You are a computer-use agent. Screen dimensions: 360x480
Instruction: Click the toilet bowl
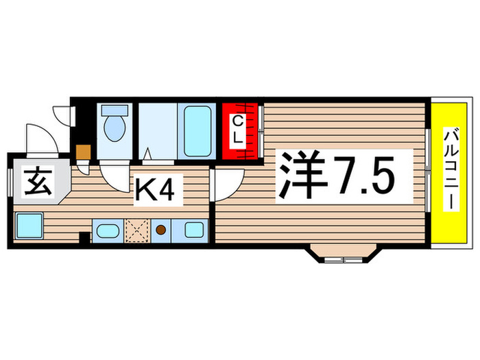[x=113, y=128]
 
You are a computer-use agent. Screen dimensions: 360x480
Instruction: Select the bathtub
[x=197, y=130]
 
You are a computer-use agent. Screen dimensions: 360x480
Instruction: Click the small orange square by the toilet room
[x=84, y=152]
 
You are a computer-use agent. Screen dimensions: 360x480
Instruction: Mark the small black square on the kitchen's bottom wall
[x=84, y=238]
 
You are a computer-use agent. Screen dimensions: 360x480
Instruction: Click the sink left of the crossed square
[x=107, y=231]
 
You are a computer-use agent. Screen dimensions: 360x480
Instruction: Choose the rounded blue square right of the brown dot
[x=193, y=231]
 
